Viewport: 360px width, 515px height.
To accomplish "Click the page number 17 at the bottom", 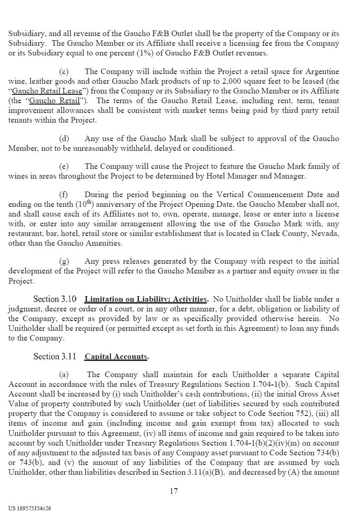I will click(x=174, y=491).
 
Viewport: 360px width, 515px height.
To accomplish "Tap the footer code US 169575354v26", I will click(x=30, y=508).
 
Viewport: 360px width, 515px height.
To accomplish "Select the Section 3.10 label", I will click(x=55, y=299).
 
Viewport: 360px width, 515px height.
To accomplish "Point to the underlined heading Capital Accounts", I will click(x=116, y=357).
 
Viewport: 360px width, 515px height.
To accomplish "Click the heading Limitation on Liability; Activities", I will click(x=146, y=299).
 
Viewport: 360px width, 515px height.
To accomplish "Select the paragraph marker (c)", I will click(x=64, y=71).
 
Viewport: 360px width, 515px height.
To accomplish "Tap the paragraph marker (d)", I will click(x=64, y=138).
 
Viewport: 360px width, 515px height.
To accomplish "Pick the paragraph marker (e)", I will click(x=64, y=166).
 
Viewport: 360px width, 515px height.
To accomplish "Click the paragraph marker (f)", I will click(x=63, y=194).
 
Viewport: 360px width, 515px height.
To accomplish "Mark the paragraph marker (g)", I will click(x=64, y=261).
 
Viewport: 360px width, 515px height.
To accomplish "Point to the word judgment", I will click(x=25, y=309).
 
